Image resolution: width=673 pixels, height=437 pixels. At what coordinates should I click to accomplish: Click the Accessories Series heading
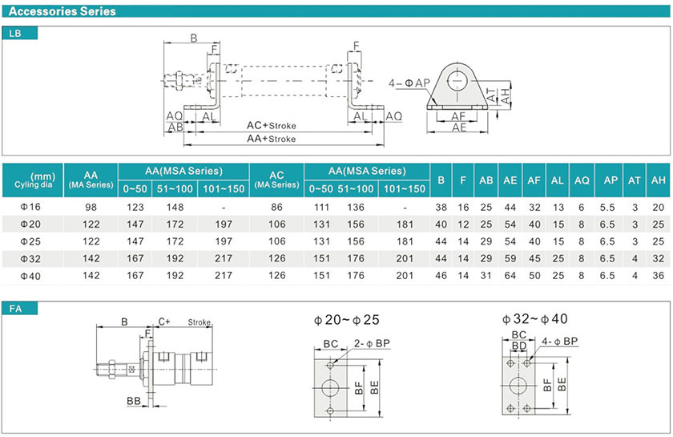(x=62, y=11)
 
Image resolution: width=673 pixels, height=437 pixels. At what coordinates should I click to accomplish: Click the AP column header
(x=611, y=180)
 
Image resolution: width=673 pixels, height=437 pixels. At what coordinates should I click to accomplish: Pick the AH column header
(x=658, y=180)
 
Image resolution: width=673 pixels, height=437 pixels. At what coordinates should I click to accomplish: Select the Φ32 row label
(x=30, y=259)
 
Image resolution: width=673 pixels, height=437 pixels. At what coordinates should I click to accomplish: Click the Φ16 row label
(x=30, y=207)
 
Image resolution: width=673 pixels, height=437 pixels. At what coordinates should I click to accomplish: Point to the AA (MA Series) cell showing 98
(x=91, y=208)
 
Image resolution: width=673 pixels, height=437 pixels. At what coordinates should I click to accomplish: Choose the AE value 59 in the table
(x=510, y=259)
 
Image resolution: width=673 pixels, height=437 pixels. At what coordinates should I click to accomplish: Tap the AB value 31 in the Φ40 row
(x=486, y=276)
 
